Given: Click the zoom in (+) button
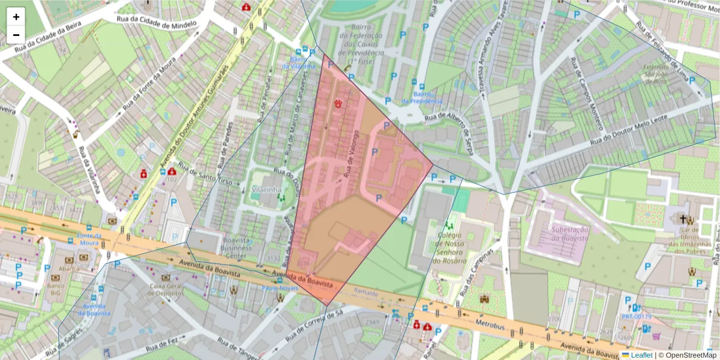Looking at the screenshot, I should pyautogui.click(x=16, y=17).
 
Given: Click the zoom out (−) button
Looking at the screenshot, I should pyautogui.click(x=16, y=35).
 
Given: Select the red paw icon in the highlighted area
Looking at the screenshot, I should pyautogui.click(x=339, y=103).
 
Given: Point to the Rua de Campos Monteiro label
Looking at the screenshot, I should pyautogui.click(x=587, y=93).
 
